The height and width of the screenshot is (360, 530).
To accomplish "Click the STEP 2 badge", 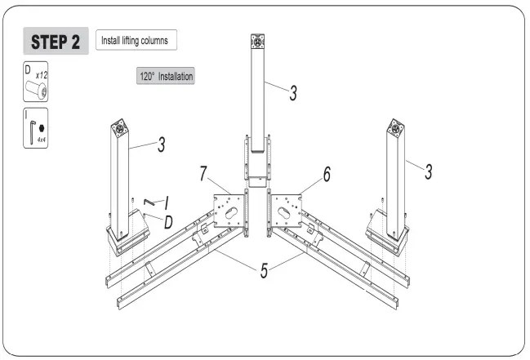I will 55,42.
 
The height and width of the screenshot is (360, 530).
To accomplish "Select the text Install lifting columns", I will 136,40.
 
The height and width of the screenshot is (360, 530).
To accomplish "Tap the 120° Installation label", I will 166,77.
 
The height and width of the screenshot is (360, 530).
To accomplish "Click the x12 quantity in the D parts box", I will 41,74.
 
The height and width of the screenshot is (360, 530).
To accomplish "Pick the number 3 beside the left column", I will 162,144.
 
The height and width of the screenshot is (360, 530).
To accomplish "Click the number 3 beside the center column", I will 292,91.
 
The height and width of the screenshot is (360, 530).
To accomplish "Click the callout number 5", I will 263,270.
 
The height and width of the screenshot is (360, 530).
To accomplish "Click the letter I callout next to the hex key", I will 166,200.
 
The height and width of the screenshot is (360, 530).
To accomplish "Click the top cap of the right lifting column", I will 396,127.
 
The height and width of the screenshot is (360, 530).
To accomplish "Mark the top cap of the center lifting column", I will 259,40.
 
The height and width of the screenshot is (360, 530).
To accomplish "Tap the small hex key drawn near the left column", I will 149,202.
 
